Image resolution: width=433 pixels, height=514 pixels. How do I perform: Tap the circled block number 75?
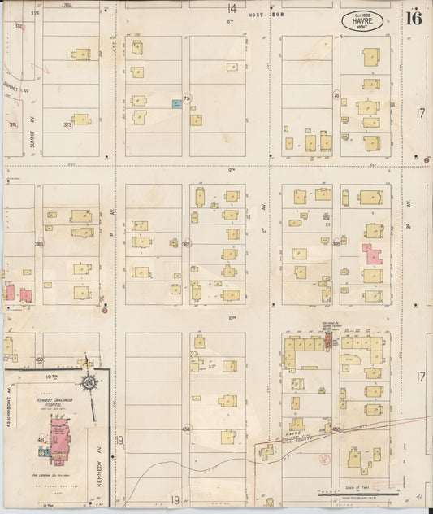coord(187,98)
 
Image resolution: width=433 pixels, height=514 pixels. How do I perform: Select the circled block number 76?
coord(335,95)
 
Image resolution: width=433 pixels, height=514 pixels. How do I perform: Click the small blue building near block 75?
coord(175,103)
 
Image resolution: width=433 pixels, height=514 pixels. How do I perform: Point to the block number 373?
coord(67,124)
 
